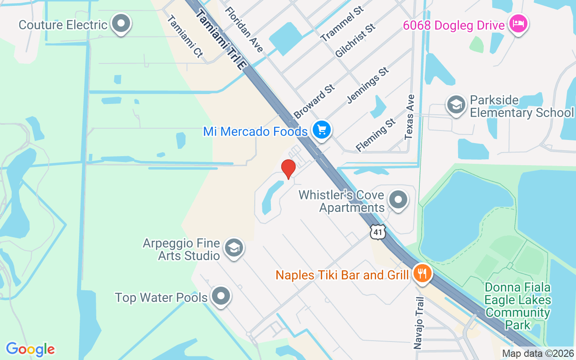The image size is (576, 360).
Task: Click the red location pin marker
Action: (288, 169)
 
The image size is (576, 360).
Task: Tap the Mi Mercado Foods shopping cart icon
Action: (322, 130)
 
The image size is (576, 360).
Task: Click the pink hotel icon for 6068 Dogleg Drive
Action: (518, 24)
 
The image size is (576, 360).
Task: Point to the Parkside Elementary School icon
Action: (456, 105)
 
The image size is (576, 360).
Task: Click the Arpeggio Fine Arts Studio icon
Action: (234, 248)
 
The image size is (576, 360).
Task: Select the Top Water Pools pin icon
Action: (220, 297)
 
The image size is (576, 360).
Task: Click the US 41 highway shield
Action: (378, 232)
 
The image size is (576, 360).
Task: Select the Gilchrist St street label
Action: (355, 40)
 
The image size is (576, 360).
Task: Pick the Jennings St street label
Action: (368, 85)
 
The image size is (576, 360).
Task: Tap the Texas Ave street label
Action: (409, 117)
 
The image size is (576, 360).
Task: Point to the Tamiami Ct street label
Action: (185, 36)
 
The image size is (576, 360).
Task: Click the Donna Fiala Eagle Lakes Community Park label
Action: (517, 306)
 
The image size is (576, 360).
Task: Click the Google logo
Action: (30, 349)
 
